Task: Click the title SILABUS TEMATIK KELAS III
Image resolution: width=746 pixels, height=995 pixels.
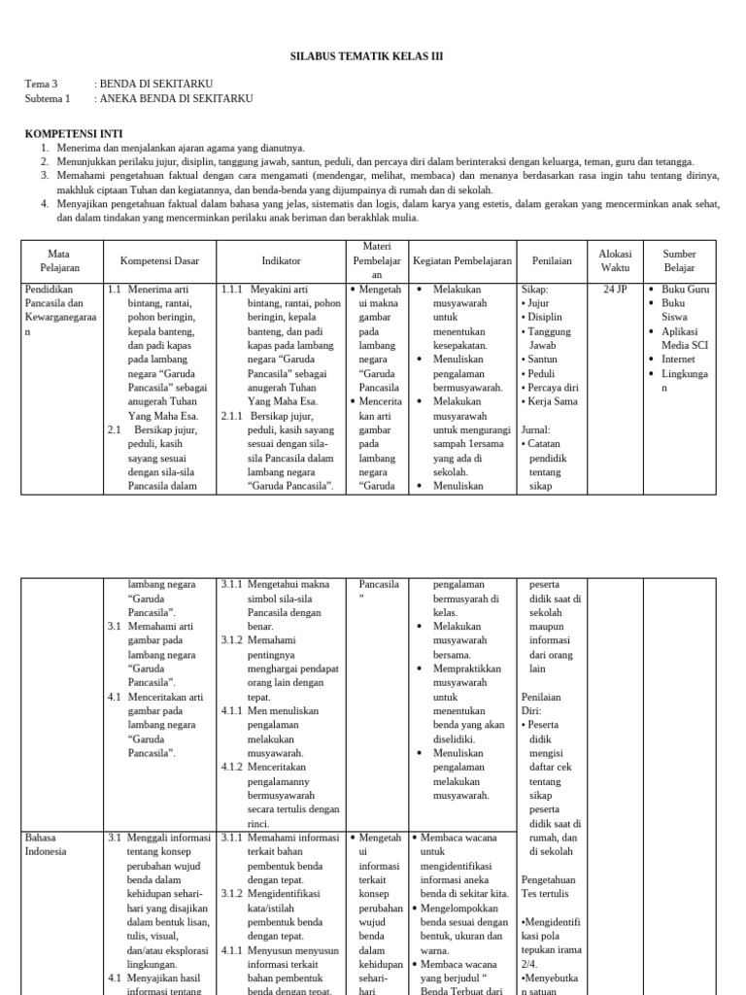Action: click(x=367, y=56)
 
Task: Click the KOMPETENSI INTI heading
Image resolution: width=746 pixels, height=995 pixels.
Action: click(x=74, y=133)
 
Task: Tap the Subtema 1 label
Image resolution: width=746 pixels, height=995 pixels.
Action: click(x=48, y=98)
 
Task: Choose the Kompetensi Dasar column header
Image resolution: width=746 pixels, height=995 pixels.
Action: click(x=159, y=260)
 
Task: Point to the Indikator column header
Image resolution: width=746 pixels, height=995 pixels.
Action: click(x=281, y=260)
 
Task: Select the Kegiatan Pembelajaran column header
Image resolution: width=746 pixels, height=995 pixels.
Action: click(x=461, y=260)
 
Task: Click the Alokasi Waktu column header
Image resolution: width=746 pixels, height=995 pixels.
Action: click(x=615, y=260)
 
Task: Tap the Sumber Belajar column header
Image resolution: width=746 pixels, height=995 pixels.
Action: click(x=679, y=260)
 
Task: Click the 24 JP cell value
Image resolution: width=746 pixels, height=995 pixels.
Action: click(x=615, y=290)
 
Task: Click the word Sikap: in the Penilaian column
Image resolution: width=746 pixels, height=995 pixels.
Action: click(x=535, y=290)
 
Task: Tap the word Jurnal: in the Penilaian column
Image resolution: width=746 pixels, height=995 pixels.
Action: click(x=536, y=429)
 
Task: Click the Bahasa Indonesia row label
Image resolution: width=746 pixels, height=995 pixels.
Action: click(x=46, y=843)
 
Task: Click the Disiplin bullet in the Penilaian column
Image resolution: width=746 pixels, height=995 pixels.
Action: click(x=548, y=317)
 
